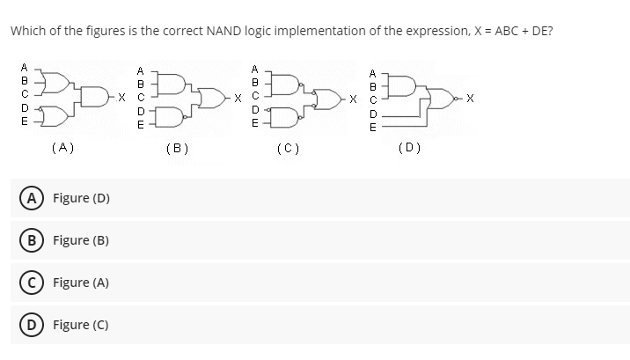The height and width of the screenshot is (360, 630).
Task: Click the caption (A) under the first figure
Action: click(62, 148)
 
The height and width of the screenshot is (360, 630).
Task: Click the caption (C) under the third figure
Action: click(289, 149)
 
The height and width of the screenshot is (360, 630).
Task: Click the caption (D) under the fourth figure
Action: click(408, 148)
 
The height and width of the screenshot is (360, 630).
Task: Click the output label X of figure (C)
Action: click(352, 99)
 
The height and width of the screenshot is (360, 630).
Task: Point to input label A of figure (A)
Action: click(24, 66)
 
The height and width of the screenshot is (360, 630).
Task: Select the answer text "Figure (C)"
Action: click(82, 325)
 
